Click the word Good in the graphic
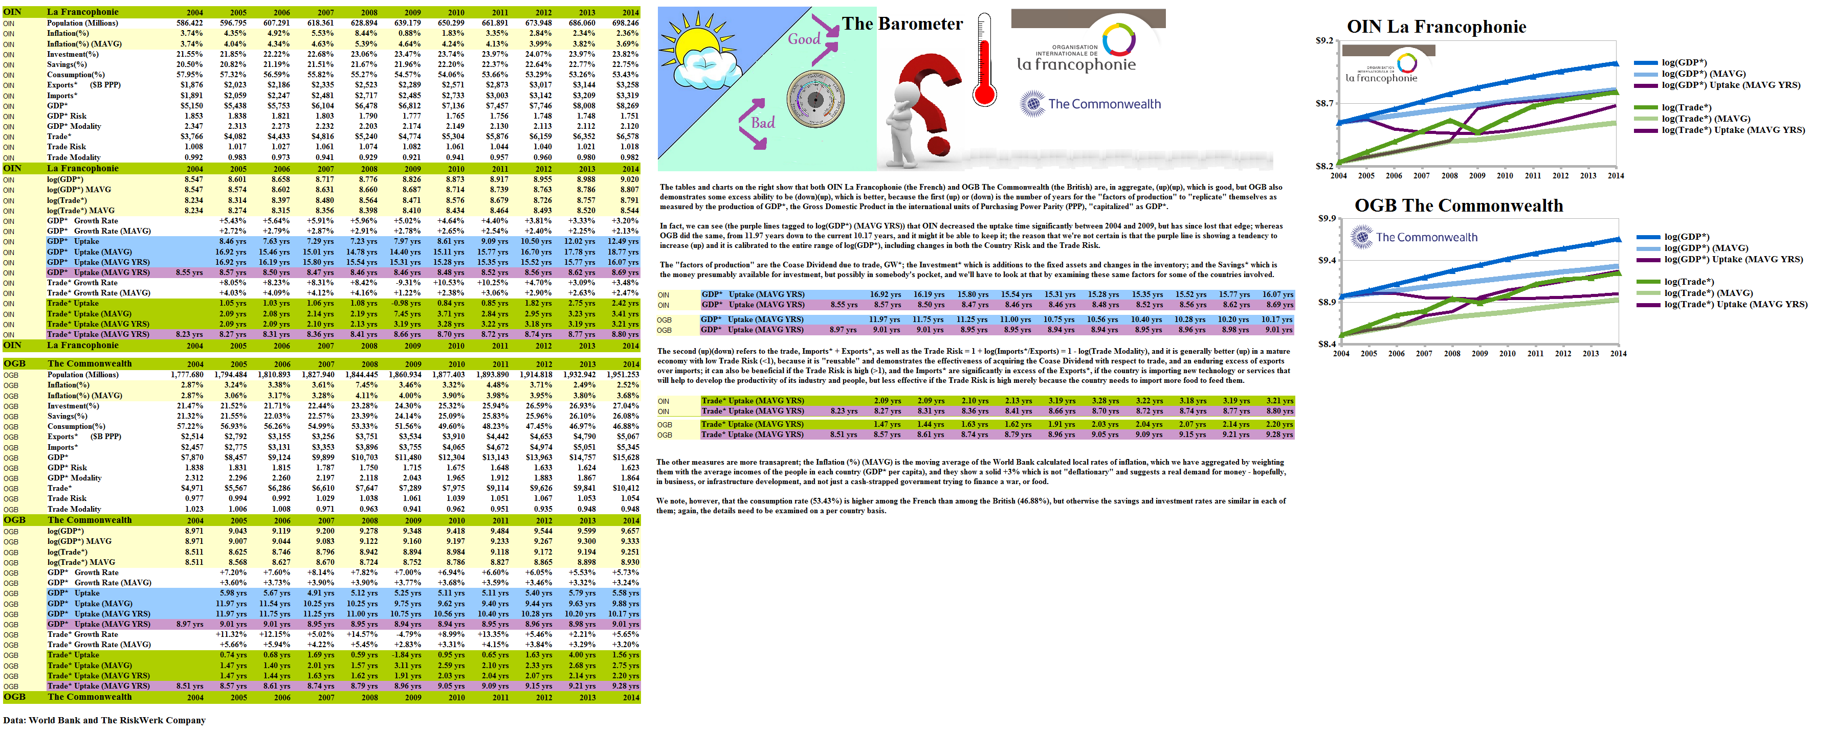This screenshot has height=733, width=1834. coord(804,39)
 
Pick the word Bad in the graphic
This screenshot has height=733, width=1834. coord(763,122)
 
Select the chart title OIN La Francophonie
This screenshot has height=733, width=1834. coord(1436,27)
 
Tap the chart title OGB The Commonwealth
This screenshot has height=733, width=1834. coord(1458,205)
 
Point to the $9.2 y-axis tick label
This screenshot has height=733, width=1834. coord(1324,40)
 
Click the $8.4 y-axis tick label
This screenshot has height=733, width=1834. coord(1327,345)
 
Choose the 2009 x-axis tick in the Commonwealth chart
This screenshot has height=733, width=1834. coord(1479,354)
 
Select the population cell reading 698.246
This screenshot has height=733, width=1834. coord(625,23)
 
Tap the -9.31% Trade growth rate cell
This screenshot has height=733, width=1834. coord(409,283)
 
